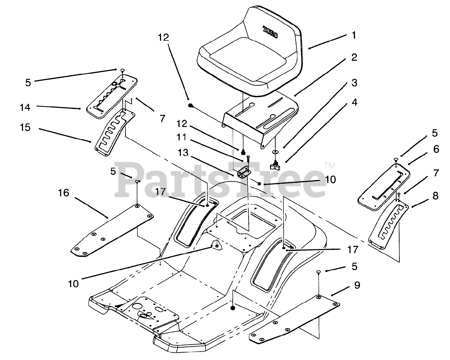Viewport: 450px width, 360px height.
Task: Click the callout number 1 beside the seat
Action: tap(354, 35)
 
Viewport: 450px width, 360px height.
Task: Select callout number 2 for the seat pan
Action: tap(354, 57)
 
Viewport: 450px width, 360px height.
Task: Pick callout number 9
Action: tap(357, 286)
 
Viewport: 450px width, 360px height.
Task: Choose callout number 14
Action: tap(25, 107)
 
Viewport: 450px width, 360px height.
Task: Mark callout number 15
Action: tap(25, 127)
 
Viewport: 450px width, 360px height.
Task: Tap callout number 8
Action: tap(436, 196)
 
